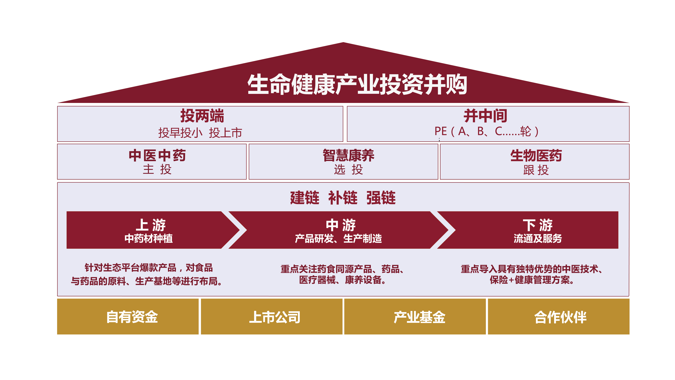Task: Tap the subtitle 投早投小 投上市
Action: [200, 133]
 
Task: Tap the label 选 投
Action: [348, 169]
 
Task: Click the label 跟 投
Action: [536, 170]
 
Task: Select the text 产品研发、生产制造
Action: [338, 238]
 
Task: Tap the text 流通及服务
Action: [538, 238]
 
